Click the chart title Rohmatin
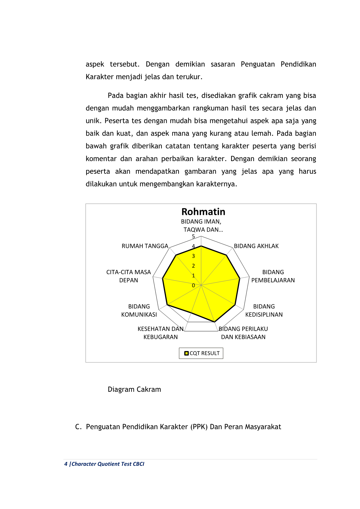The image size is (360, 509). click(x=203, y=212)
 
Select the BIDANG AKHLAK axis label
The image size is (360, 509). click(x=256, y=246)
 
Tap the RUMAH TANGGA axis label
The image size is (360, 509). click(x=145, y=246)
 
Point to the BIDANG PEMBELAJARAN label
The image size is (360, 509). click(x=273, y=276)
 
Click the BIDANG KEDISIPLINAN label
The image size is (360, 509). click(x=264, y=310)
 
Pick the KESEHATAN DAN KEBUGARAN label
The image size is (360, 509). click(x=161, y=333)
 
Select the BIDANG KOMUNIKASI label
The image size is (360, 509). click(x=139, y=310)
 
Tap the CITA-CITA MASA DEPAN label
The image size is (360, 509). click(x=128, y=276)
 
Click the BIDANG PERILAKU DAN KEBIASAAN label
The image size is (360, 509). click(x=243, y=333)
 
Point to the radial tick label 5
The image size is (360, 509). click(x=193, y=236)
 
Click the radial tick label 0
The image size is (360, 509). click(x=193, y=285)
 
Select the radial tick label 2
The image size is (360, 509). click(x=193, y=266)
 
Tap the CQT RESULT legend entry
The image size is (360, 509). click(x=204, y=353)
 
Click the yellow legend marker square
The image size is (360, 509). click(x=186, y=353)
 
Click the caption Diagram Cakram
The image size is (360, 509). click(x=134, y=389)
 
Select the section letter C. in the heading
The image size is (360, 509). click(x=78, y=427)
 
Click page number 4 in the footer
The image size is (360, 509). click(x=66, y=464)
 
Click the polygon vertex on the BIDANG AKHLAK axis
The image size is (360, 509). click(x=226, y=255)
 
